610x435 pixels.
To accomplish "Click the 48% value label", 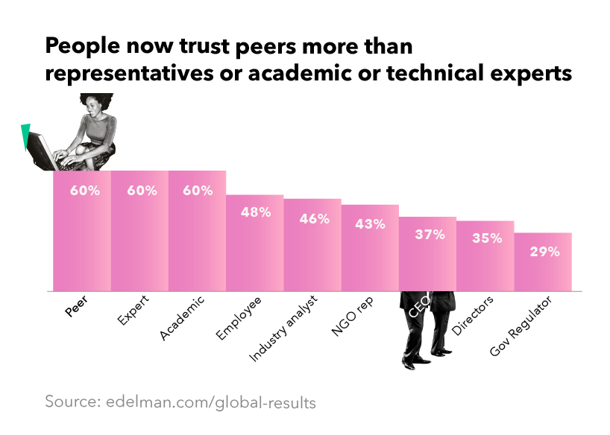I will pos(255,212).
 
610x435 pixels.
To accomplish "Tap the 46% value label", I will pos(312,218).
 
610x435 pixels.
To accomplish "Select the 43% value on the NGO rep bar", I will pos(370,223).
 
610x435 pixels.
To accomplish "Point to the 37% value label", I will pos(430,235).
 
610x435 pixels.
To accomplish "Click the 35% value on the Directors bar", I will pos(486,239).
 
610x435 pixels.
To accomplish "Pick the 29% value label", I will pos(544,251).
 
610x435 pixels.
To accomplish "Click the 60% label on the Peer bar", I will pos(84,191).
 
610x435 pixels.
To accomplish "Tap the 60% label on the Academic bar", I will pos(198,191).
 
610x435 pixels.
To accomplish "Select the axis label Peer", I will pos(75,308).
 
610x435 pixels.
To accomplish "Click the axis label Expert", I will pos(132,312).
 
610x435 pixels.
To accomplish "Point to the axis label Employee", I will pos(240,319).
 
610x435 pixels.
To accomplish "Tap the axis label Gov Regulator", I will pos(521,326).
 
